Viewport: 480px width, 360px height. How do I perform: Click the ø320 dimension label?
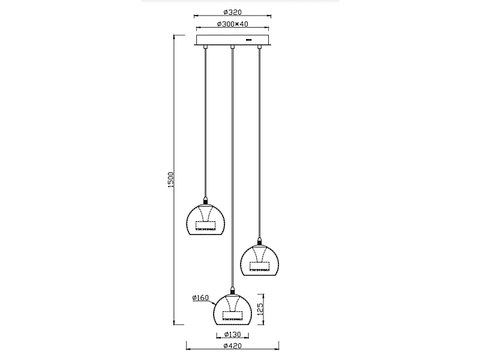tap(232, 12)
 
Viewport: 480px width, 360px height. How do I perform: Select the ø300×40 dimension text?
tap(232, 24)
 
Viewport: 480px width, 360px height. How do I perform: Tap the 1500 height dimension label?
tap(171, 179)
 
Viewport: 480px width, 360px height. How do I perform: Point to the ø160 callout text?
tap(200, 298)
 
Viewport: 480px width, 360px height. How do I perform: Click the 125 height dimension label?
tap(260, 310)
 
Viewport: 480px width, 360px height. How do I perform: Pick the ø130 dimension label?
tap(232, 335)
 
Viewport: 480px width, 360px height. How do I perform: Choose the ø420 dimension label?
tap(232, 346)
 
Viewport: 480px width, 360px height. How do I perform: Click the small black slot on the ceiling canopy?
tap(248, 40)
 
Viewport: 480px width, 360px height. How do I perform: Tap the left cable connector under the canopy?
tap(205, 47)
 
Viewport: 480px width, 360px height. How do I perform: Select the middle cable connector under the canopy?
tap(232, 47)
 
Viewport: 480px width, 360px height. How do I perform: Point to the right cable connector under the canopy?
tap(259, 47)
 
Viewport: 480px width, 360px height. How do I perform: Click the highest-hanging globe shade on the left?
tap(205, 220)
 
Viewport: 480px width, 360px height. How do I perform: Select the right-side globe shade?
tap(259, 260)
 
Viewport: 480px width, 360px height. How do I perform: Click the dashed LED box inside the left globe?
tap(206, 225)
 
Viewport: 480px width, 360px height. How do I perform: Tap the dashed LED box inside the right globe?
tap(260, 266)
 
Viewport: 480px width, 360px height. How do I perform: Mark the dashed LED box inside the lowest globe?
tap(233, 315)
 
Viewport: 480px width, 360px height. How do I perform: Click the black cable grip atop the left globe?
tap(205, 200)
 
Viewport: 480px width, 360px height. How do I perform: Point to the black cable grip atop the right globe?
tap(259, 241)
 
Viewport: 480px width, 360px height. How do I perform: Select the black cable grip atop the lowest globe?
tap(232, 290)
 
